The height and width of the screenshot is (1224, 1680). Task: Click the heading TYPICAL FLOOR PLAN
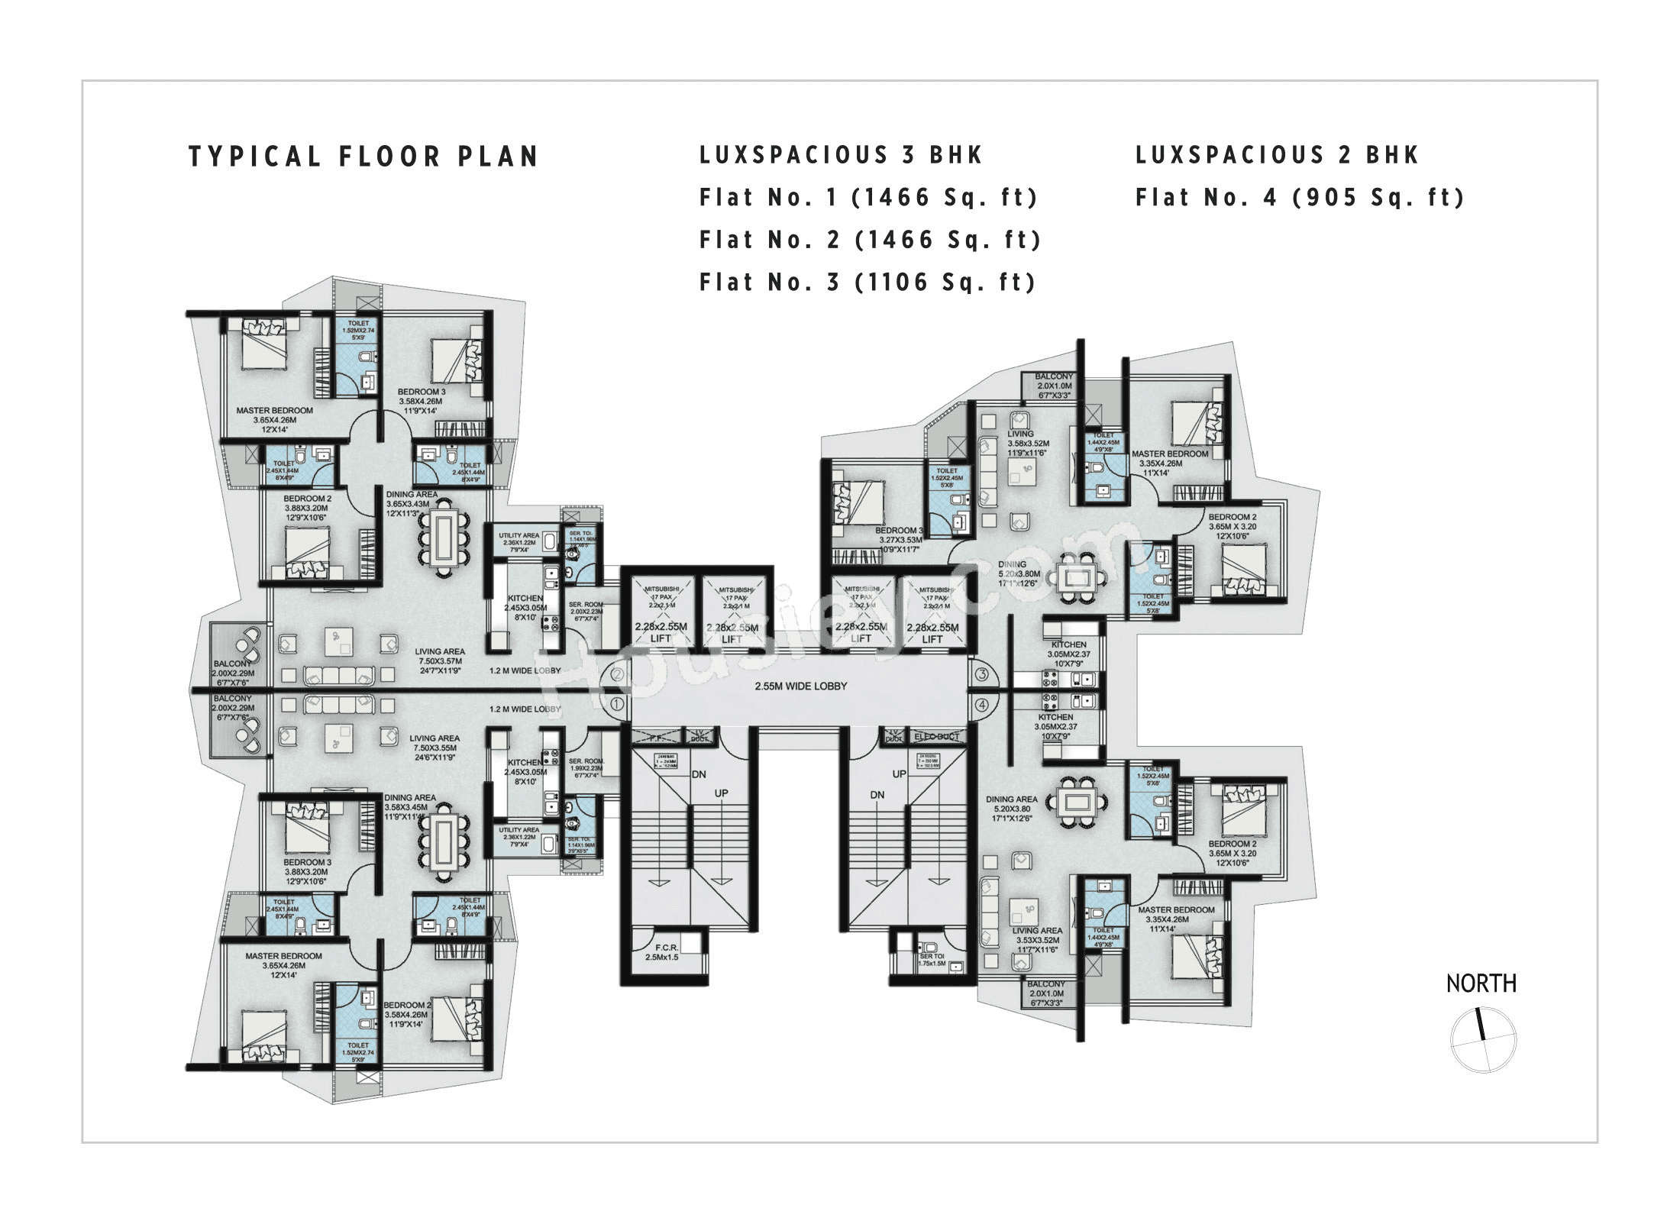[363, 157]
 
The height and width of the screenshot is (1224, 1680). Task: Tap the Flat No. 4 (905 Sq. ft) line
[1300, 198]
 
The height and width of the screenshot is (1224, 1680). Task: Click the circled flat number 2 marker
[618, 674]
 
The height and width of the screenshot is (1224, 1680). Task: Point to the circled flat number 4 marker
[981, 704]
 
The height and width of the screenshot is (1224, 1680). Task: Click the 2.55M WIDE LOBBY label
[800, 686]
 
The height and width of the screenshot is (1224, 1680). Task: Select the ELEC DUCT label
[936, 737]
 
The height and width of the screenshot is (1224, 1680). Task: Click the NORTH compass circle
[1483, 1040]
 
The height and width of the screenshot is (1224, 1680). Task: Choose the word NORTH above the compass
[1481, 984]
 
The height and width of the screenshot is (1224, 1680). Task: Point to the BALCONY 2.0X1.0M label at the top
[1054, 382]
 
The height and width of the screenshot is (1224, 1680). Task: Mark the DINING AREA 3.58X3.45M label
[410, 803]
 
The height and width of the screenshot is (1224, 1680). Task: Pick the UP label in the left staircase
[720, 793]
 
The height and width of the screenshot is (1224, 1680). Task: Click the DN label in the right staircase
[877, 795]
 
